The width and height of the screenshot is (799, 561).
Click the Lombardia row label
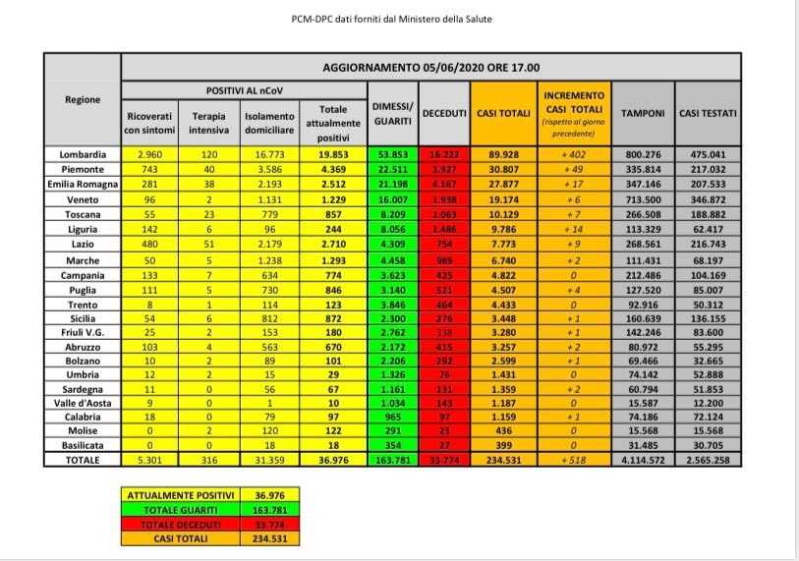pyautogui.click(x=83, y=154)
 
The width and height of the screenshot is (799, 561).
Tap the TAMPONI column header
pyautogui.click(x=643, y=114)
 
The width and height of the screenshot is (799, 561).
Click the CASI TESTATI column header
pyautogui.click(x=709, y=114)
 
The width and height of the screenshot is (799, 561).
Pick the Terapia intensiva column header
pyautogui.click(x=208, y=122)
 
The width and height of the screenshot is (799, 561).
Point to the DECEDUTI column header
pyautogui.click(x=444, y=114)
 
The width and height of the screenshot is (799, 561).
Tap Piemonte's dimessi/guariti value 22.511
pyautogui.click(x=393, y=168)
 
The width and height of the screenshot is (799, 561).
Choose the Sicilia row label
pyautogui.click(x=83, y=319)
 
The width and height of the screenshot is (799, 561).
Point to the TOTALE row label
pyautogui.click(x=83, y=459)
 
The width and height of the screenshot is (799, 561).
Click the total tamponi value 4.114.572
pyautogui.click(x=643, y=459)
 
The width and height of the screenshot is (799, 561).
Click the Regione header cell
pyautogui.click(x=83, y=100)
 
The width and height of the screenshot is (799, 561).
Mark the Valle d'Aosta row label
pyautogui.click(x=83, y=403)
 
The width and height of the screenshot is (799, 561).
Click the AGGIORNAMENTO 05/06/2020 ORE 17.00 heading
pyautogui.click(x=430, y=67)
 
